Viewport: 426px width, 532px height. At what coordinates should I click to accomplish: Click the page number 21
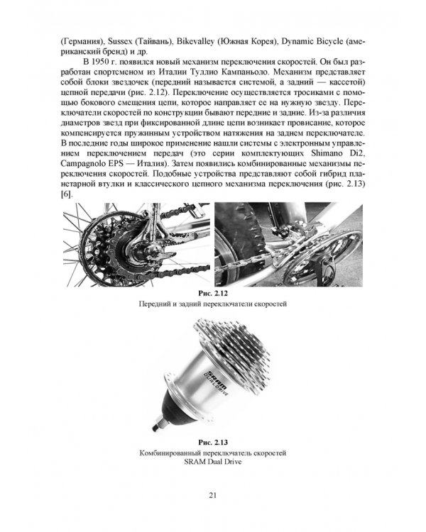tap(213, 495)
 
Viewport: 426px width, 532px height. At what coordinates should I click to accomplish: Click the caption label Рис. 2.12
tap(213, 293)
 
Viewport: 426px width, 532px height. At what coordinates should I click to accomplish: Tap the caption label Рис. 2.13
tap(213, 443)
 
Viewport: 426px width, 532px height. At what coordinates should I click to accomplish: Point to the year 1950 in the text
tap(99, 62)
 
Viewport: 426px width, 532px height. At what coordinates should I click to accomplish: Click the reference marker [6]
tap(65, 194)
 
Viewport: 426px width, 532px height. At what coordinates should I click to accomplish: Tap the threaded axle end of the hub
tap(159, 426)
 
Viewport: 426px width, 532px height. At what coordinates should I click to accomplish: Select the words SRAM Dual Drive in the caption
tap(213, 462)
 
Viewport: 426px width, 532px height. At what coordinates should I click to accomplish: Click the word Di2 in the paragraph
tap(357, 153)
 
